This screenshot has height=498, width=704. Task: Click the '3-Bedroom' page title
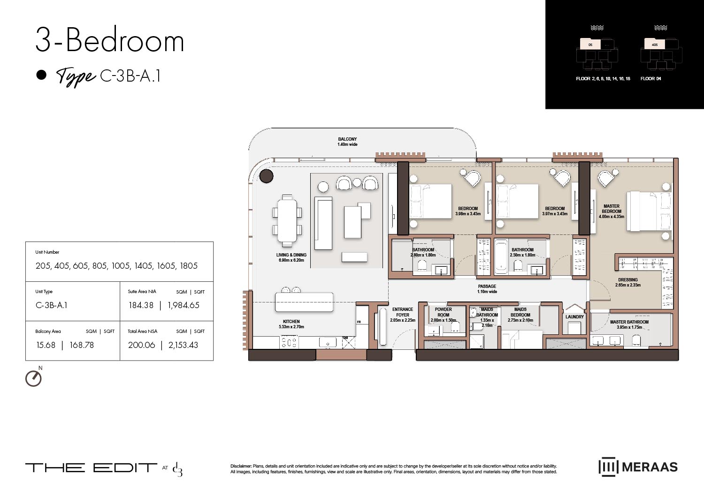coord(110,41)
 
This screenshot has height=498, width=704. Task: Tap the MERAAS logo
coord(638,467)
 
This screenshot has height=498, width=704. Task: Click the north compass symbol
coord(33,378)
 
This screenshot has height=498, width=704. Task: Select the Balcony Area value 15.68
coord(46,345)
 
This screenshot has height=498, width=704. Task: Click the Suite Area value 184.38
coord(141,305)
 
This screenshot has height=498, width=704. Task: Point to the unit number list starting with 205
coord(116,266)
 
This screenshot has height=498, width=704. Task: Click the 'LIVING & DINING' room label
coord(291,257)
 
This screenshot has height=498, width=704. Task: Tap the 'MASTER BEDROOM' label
coord(611,211)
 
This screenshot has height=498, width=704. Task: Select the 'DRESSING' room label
coord(627,282)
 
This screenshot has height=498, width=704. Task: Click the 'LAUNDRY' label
coord(574,317)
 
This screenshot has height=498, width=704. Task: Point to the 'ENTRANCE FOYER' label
coord(403,315)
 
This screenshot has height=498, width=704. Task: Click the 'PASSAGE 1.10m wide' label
coord(487,289)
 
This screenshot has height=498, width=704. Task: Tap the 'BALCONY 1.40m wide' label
coord(347,142)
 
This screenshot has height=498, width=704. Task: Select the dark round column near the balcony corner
coord(266,176)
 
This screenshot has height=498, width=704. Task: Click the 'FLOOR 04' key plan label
coord(650,79)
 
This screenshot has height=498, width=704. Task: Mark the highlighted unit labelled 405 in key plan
coord(655,45)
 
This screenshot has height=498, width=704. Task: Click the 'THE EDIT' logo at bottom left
coord(91,468)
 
